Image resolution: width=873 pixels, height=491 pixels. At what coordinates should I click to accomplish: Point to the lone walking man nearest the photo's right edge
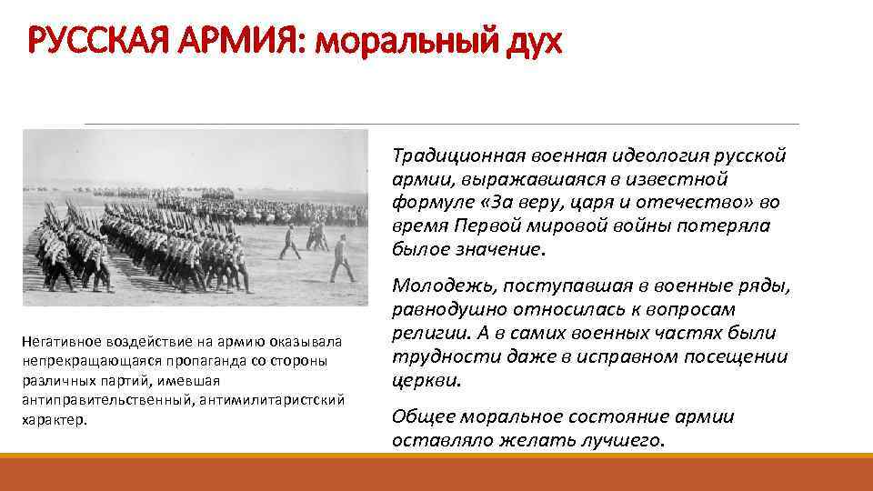tap(343, 258)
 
